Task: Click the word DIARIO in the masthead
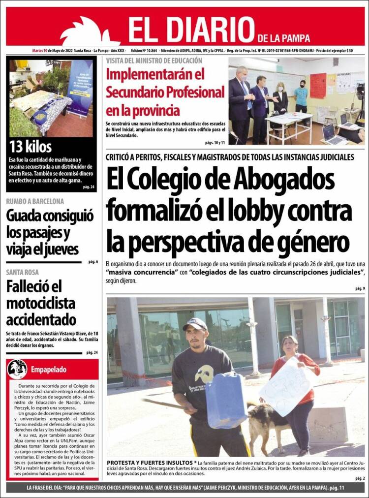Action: click(207, 30)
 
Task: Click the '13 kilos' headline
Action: click(31, 147)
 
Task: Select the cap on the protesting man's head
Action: click(195, 323)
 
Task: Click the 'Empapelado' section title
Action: click(48, 369)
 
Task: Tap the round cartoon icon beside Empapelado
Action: click(17, 369)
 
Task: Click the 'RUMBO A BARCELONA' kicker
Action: click(35, 201)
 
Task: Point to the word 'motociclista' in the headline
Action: click(40, 302)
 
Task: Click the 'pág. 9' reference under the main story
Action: click(360, 288)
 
